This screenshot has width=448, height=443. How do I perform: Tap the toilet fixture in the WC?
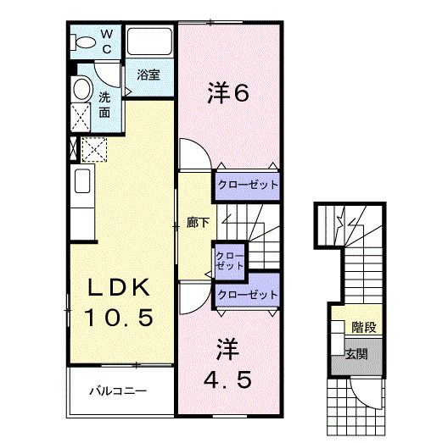pos(86,42)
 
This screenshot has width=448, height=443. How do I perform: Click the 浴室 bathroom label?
pos(148,75)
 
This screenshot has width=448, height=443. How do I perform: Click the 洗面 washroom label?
pos(104,104)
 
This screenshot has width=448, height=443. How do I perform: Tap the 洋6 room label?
pos(227,94)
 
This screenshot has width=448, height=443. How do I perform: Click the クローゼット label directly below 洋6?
pos(247,183)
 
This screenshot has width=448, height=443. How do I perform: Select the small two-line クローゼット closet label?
pos(228,258)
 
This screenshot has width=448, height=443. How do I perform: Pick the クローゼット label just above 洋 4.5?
pos(247,294)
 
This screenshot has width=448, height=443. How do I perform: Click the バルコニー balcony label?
pos(120,392)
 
